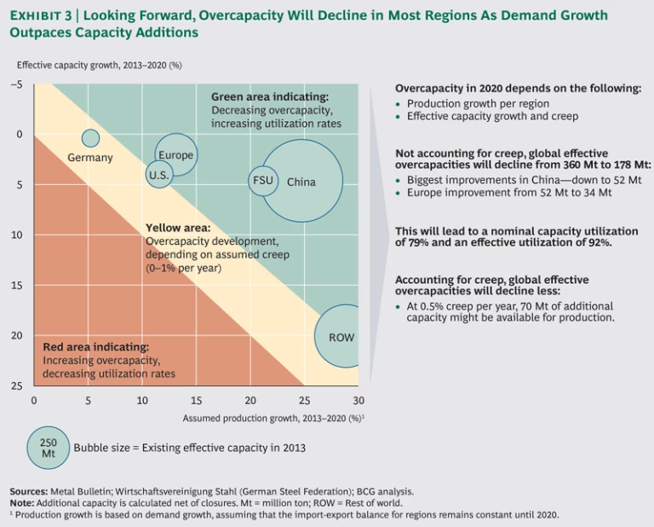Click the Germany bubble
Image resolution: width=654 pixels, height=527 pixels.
tap(90, 138)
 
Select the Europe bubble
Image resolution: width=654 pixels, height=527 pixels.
tap(176, 154)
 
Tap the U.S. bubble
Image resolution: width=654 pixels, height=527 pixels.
tap(159, 175)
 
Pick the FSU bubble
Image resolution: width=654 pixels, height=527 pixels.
tap(262, 181)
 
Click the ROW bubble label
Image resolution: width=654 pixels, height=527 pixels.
tap(341, 338)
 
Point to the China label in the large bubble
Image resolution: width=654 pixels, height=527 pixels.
tap(301, 182)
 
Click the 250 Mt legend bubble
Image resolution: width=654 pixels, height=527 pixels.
tap(49, 448)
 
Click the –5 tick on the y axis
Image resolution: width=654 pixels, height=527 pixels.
tap(16, 84)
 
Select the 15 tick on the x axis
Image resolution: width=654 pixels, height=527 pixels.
tap(196, 400)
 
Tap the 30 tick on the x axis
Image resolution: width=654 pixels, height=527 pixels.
tap(359, 400)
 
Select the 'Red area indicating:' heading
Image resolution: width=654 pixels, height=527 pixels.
tap(95, 347)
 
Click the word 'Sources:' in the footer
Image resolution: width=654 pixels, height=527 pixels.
tap(30, 491)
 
